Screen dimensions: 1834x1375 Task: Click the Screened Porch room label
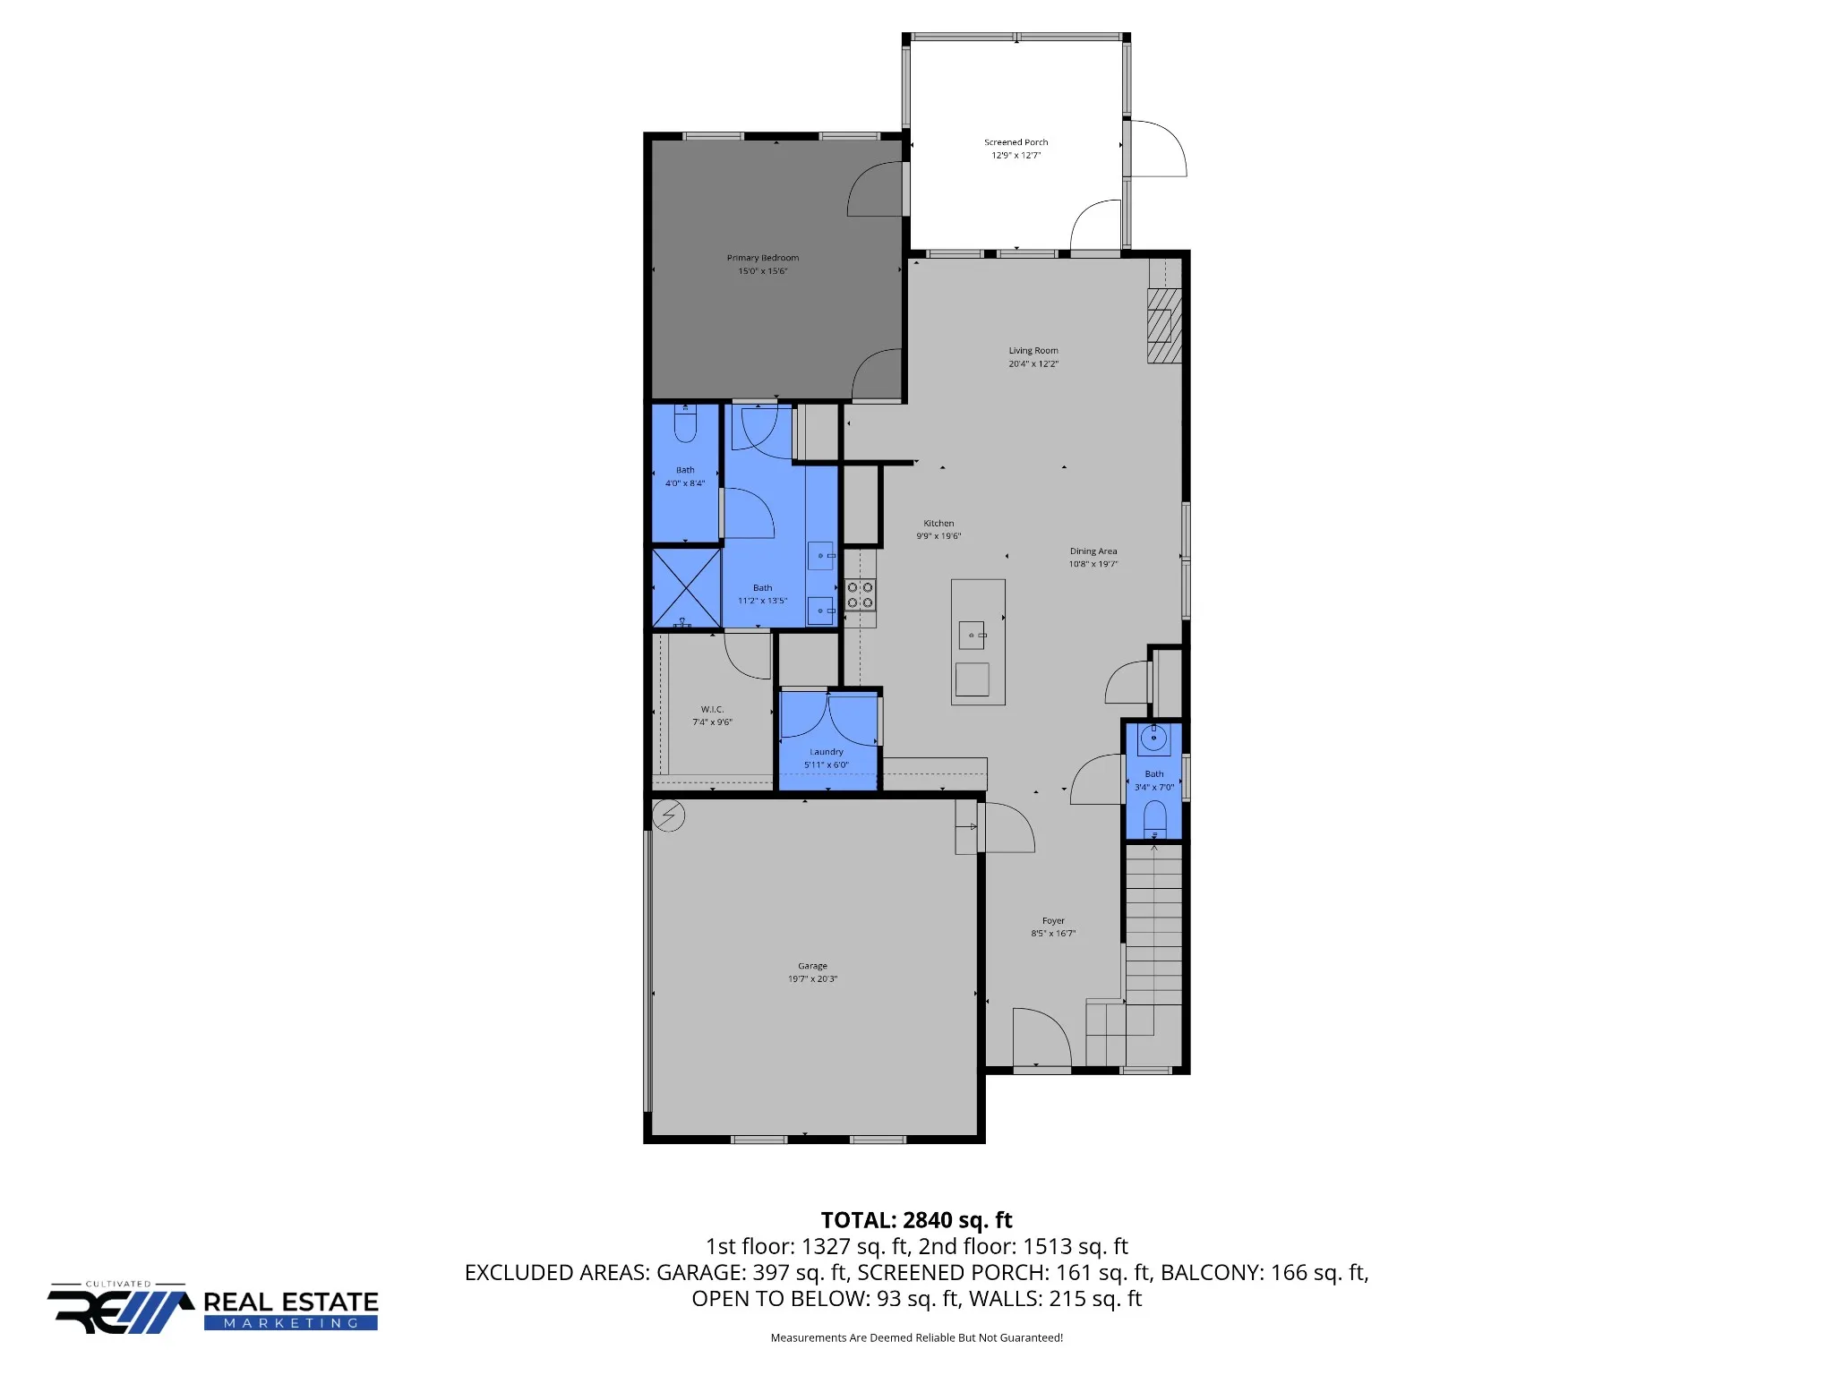pyautogui.click(x=1016, y=142)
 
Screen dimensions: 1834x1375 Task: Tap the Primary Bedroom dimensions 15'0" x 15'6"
pyautogui.click(x=763, y=271)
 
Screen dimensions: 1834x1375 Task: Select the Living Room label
pyautogui.click(x=1033, y=351)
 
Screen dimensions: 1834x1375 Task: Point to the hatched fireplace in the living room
pyautogui.click(x=1164, y=325)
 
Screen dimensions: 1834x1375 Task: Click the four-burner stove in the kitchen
pyautogui.click(x=861, y=595)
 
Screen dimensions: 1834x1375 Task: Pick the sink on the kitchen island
pyautogui.click(x=972, y=635)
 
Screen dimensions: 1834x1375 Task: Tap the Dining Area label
pyautogui.click(x=1093, y=551)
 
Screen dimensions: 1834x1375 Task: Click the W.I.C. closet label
pyautogui.click(x=712, y=709)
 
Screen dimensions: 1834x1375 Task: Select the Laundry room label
pyautogui.click(x=827, y=752)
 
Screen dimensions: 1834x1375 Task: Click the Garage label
pyautogui.click(x=812, y=966)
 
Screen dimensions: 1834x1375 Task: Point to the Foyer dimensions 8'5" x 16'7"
pyautogui.click(x=1053, y=934)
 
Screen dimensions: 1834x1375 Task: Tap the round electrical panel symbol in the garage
pyautogui.click(x=669, y=816)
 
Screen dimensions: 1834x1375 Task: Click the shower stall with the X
pyautogui.click(x=686, y=588)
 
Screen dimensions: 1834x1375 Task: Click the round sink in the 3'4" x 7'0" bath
pyautogui.click(x=1154, y=739)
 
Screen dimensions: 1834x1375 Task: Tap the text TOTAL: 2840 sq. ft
pyautogui.click(x=916, y=1220)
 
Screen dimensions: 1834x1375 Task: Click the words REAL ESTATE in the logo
pyautogui.click(x=291, y=1302)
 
